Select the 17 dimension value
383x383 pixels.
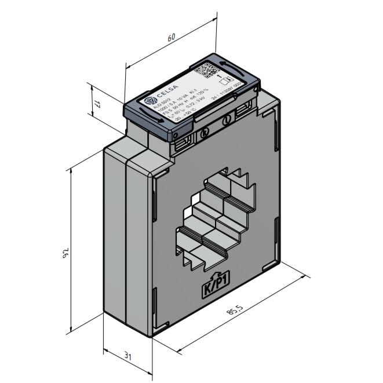pos(99,105)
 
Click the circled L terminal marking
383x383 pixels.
pos(227,121)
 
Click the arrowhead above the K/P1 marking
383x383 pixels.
pos(215,275)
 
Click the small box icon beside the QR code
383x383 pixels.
pos(228,75)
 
